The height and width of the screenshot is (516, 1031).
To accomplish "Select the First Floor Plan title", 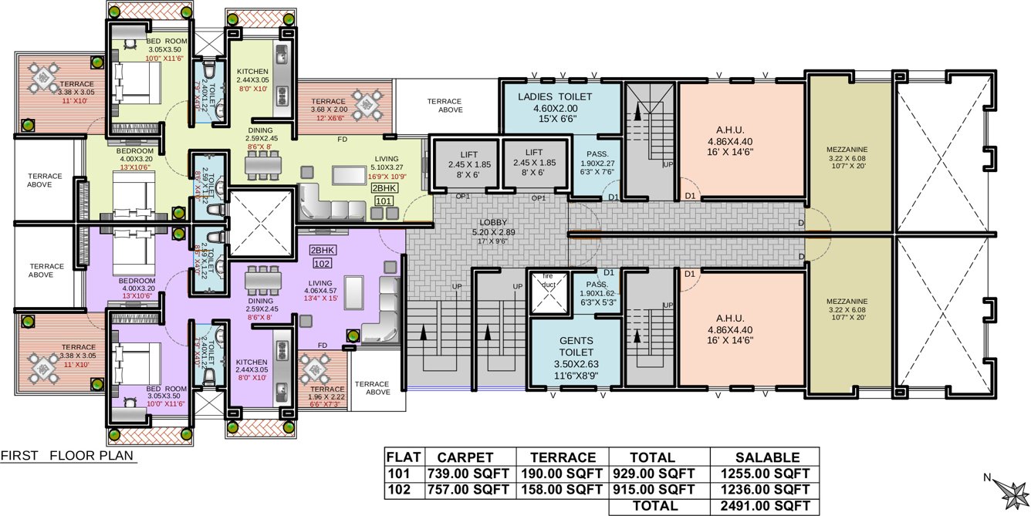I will point(67,456).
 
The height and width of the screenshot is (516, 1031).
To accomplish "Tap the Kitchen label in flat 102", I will point(252,362).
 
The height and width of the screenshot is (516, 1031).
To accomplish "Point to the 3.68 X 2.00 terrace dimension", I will point(329,110).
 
